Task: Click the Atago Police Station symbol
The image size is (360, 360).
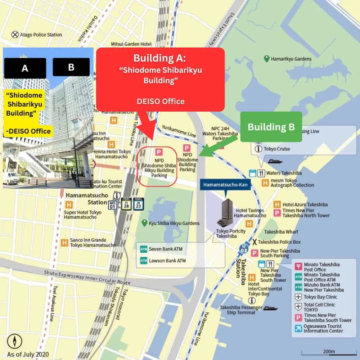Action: pyautogui.click(x=15, y=35)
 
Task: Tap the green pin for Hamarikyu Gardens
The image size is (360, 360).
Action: pyautogui.click(x=267, y=59)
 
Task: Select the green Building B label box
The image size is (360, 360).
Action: pyautogui.click(x=271, y=127)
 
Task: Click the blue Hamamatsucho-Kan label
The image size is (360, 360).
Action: pyautogui.click(x=225, y=185)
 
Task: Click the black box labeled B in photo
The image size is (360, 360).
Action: pyautogui.click(x=71, y=67)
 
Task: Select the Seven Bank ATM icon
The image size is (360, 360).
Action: pyautogui.click(x=144, y=249)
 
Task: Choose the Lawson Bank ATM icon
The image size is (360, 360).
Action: pyautogui.click(x=144, y=261)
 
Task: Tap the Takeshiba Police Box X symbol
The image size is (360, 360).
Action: pyautogui.click(x=255, y=242)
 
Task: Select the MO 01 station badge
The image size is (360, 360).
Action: pyautogui.click(x=113, y=205)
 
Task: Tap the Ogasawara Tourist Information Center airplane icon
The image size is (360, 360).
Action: pyautogui.click(x=298, y=328)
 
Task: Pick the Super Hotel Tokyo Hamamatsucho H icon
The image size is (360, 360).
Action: pyautogui.click(x=69, y=205)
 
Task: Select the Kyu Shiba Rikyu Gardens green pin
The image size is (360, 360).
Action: pyautogui.click(x=144, y=223)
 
